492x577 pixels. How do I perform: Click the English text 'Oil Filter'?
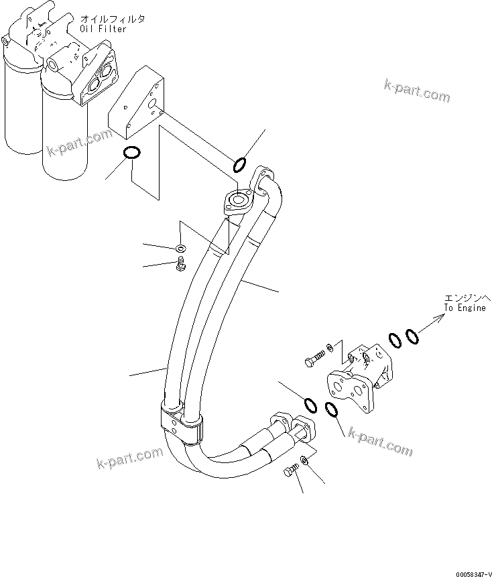click(x=103, y=29)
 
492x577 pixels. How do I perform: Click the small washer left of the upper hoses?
click(x=181, y=249)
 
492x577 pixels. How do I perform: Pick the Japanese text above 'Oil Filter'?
click(x=113, y=18)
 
